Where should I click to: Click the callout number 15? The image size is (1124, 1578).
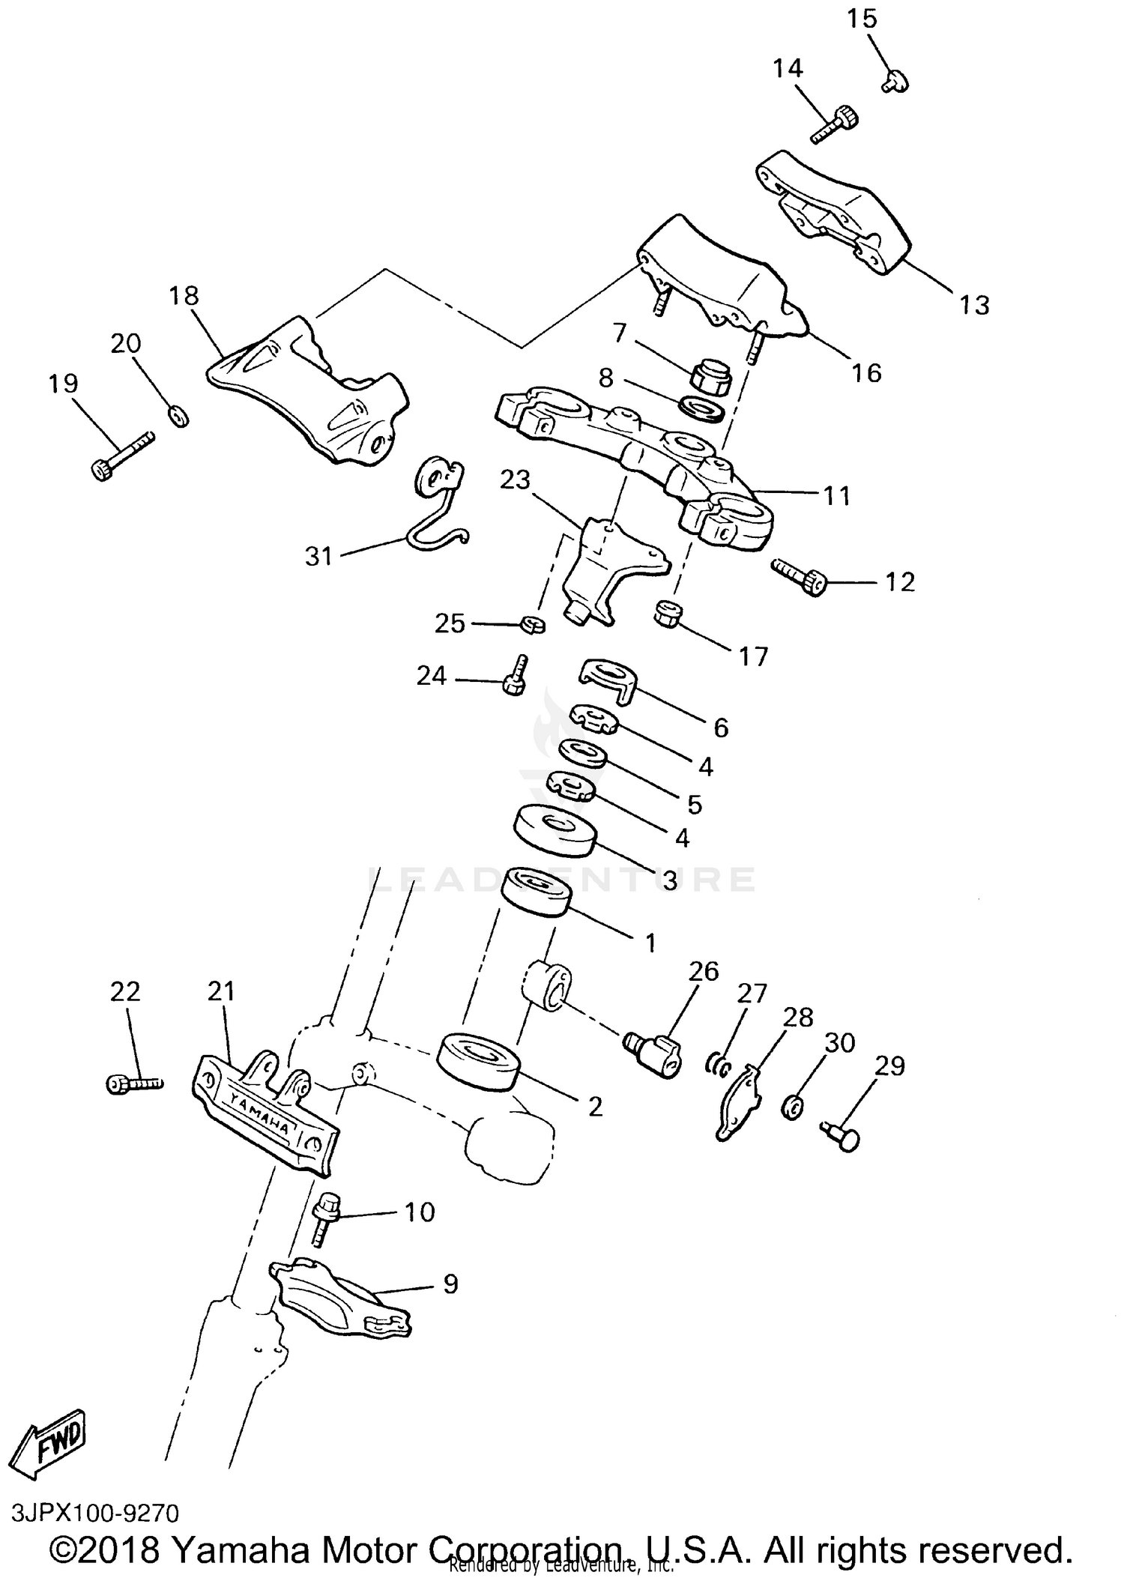[x=862, y=18]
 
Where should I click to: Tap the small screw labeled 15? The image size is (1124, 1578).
[x=895, y=79]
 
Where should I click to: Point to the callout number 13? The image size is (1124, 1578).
[x=974, y=305]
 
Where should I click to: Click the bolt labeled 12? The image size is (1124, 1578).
[x=799, y=578]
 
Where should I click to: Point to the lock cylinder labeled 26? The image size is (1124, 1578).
[x=653, y=1051]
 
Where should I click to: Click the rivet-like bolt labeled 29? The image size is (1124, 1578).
[x=841, y=1136]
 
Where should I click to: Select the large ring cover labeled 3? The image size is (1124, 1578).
[x=555, y=829]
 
